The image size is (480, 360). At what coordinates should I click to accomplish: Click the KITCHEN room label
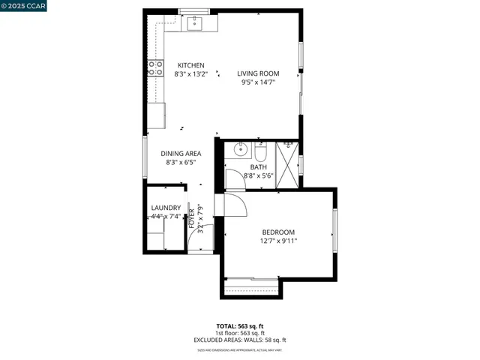point(190,65)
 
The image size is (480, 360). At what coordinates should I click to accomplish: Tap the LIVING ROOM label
point(258,73)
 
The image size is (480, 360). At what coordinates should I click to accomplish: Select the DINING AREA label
point(181,154)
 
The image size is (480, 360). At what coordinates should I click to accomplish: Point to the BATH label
point(259,167)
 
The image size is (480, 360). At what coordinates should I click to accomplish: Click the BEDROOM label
point(278,232)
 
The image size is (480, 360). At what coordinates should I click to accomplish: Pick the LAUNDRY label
point(166,208)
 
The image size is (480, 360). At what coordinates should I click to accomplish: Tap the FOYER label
point(191,216)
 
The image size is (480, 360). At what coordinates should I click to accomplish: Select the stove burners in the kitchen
point(157,68)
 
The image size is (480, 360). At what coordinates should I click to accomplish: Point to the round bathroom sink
point(240,148)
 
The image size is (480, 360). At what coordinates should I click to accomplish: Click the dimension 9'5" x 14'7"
point(258,82)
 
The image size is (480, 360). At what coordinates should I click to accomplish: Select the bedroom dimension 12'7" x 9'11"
point(278,241)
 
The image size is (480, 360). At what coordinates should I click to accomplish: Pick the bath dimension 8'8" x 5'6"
point(259,176)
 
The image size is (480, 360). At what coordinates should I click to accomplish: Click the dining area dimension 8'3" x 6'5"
point(181,163)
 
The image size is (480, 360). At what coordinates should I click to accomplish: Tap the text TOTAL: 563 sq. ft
point(240,326)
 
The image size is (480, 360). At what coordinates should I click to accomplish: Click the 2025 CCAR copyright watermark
point(24,7)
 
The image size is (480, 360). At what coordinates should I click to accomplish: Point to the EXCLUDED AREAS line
point(240,340)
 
